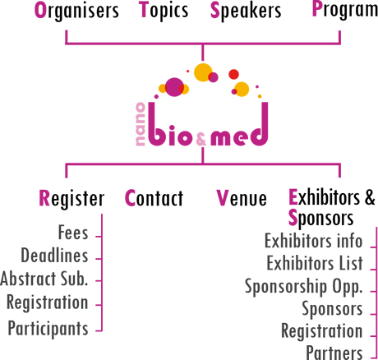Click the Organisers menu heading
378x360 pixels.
[x=76, y=11]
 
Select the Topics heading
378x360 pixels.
[x=164, y=11]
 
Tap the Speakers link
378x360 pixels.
[x=246, y=11]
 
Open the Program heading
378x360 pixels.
[x=345, y=11]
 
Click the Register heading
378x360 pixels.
[x=71, y=198]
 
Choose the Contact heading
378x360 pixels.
[x=154, y=198]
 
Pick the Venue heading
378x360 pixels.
[x=242, y=198]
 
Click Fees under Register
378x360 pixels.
[x=73, y=233]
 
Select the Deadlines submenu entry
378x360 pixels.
[x=54, y=256]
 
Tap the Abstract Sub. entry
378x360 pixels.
[x=44, y=279]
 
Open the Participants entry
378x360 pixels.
[x=48, y=328]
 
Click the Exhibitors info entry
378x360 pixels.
[x=314, y=241]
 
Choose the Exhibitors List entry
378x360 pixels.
[x=315, y=263]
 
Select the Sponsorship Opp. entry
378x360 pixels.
[x=304, y=287]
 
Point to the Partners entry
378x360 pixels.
[x=334, y=353]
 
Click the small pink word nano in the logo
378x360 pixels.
[x=140, y=124]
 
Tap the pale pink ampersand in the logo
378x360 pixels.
[x=201, y=139]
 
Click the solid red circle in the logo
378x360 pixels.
[x=233, y=74]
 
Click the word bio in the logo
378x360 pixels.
[x=169, y=124]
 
